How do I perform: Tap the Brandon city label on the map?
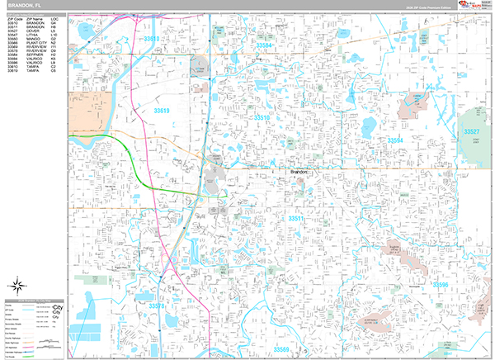click(x=299, y=171)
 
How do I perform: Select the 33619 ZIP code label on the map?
click(x=161, y=110)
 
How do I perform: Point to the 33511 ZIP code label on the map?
click(x=297, y=218)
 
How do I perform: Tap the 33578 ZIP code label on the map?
click(x=158, y=306)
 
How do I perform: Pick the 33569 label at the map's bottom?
click(x=283, y=349)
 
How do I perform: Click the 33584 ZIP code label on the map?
click(x=266, y=45)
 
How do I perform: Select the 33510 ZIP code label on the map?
click(x=262, y=117)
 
